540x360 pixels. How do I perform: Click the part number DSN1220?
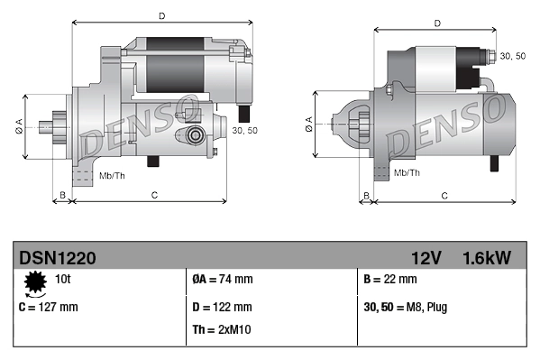coord(57,257)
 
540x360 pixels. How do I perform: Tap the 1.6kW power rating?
coord(486,257)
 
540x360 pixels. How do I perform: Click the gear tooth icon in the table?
coord(35,284)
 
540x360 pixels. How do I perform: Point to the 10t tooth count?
coord(63,280)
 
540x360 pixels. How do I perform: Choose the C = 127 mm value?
coord(49,308)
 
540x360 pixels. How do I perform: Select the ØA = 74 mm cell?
coord(223,280)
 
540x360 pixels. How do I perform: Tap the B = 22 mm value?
coord(390,280)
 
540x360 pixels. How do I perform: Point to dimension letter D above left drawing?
coord(161,15)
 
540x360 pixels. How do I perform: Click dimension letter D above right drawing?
coord(436,24)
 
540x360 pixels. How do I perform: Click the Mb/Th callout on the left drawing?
coord(113,174)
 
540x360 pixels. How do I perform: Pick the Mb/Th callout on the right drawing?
coord(407,171)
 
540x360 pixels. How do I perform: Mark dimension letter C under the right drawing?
coord(444,195)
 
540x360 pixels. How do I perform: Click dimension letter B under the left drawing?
coord(62,195)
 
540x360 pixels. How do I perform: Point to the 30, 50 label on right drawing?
coord(512,56)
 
